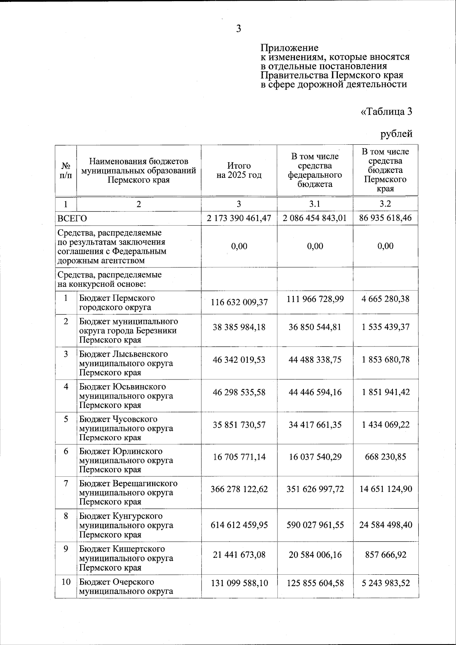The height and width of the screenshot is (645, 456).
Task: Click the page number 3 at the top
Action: pyautogui.click(x=239, y=29)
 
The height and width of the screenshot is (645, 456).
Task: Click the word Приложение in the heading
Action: pyautogui.click(x=289, y=48)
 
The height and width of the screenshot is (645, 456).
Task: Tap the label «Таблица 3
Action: pyautogui.click(x=386, y=112)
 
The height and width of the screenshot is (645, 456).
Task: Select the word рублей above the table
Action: pyautogui.click(x=396, y=134)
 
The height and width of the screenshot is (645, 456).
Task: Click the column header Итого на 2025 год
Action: pyautogui.click(x=239, y=171)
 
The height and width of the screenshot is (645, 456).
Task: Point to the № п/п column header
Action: pyautogui.click(x=66, y=171)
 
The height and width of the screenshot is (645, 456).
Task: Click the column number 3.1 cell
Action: pyautogui.click(x=315, y=204)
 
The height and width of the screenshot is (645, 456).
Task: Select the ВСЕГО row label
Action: pyautogui.click(x=72, y=218)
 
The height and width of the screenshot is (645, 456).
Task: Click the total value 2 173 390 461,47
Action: pyautogui.click(x=239, y=218)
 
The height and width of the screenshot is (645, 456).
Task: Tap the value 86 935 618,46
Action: pyautogui.click(x=385, y=218)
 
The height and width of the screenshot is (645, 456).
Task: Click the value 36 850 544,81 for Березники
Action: pyautogui.click(x=315, y=327)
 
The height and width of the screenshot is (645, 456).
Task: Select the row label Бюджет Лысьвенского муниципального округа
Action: pyautogui.click(x=126, y=363)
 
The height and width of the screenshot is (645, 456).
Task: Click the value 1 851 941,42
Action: pyautogui.click(x=386, y=392)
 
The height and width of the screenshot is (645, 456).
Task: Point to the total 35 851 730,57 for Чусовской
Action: pyautogui.click(x=239, y=425)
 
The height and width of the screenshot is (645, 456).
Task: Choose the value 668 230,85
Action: pyautogui.click(x=386, y=457)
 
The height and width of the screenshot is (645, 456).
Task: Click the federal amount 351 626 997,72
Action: pyautogui.click(x=315, y=489)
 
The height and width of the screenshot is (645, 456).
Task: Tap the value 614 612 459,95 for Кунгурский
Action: pyautogui.click(x=239, y=525)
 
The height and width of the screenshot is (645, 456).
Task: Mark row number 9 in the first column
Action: pyautogui.click(x=66, y=549)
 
